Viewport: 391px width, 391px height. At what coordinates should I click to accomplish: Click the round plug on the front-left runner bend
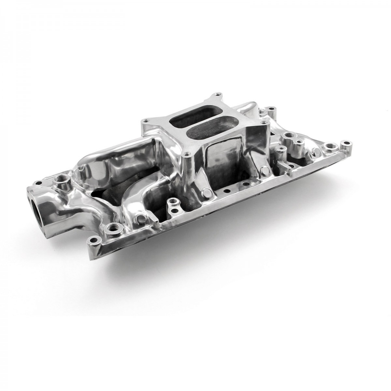[x=141, y=218]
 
